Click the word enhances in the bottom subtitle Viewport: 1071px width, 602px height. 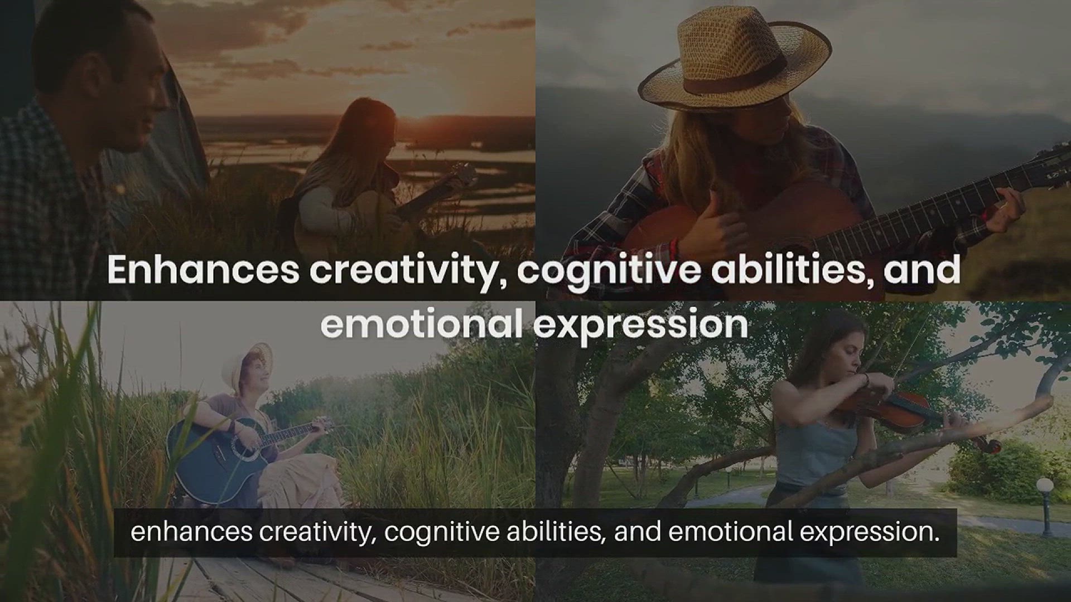[191, 532]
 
